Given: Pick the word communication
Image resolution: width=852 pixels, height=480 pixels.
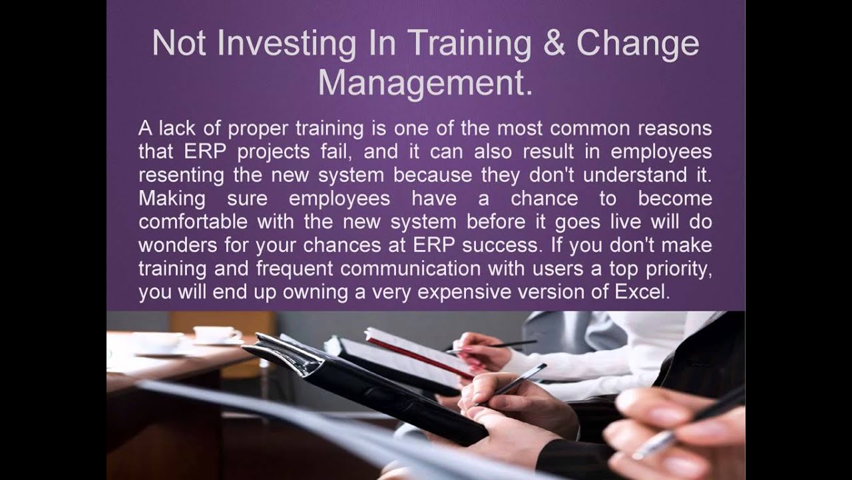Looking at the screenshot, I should (409, 269).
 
